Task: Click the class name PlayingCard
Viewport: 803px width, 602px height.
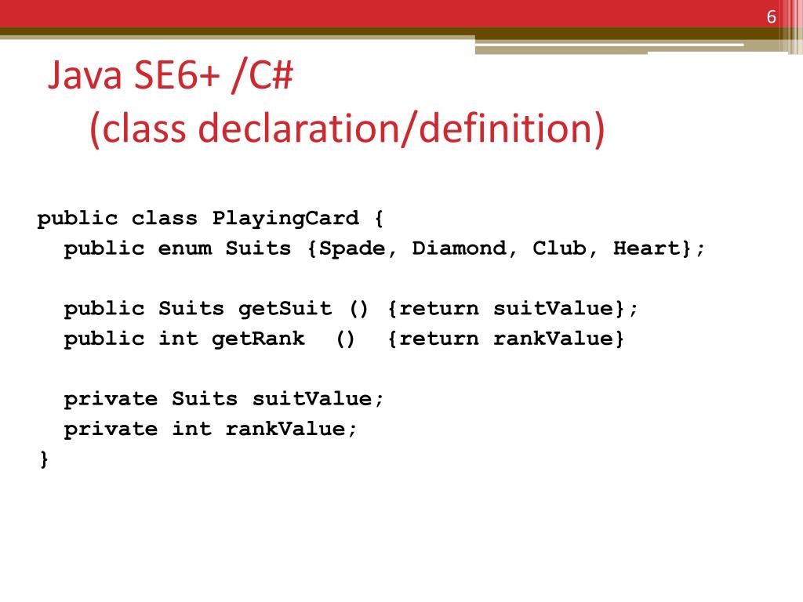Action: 285,219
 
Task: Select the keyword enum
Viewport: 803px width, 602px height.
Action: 185,248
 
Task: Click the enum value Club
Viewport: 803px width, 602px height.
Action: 560,248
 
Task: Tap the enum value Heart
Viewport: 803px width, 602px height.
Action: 647,248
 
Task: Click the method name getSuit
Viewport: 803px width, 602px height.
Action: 285,309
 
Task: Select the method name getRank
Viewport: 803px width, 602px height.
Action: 258,339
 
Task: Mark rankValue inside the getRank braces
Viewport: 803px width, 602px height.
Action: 553,339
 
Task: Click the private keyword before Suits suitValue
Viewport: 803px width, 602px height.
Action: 111,399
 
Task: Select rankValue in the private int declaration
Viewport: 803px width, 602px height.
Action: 285,429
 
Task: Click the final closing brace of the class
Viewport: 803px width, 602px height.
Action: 44,459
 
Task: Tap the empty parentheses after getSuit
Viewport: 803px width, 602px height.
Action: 358,309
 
